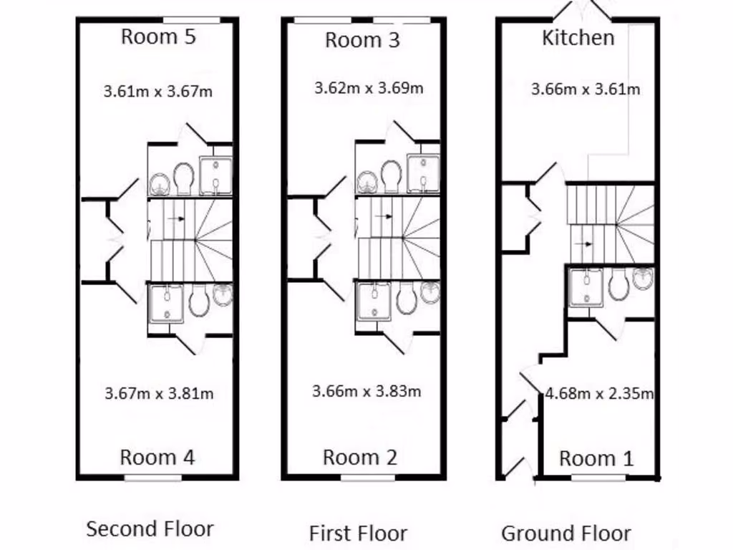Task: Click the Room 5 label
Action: click(x=158, y=37)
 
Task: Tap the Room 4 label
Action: click(x=157, y=457)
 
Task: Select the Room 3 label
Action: click(x=362, y=40)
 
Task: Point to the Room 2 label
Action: click(x=359, y=457)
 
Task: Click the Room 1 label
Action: click(x=596, y=458)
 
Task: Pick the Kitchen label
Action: click(x=578, y=38)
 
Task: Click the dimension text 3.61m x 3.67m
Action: click(x=158, y=92)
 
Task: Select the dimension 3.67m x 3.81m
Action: click(x=159, y=393)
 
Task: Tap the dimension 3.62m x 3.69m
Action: click(x=369, y=89)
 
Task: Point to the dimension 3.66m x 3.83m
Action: click(x=366, y=391)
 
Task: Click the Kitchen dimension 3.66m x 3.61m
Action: click(x=586, y=90)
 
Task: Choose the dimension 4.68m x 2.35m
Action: click(x=599, y=393)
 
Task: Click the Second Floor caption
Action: click(x=150, y=529)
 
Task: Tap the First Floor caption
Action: click(x=358, y=534)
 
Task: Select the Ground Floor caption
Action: click(x=565, y=534)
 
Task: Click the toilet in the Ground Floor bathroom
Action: click(x=618, y=286)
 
